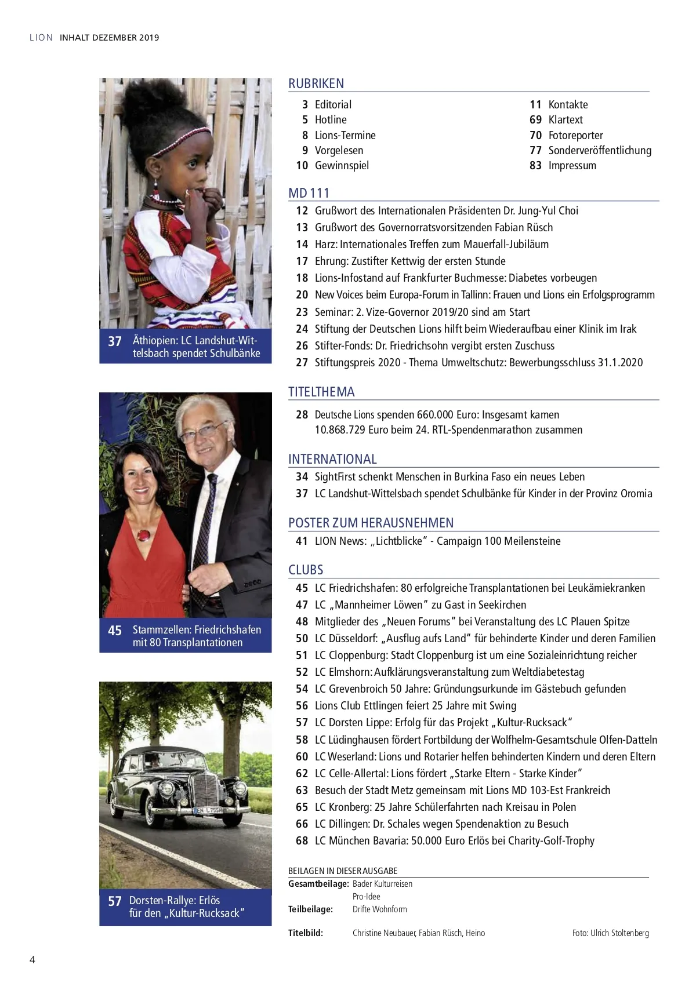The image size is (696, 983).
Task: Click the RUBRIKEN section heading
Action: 316,83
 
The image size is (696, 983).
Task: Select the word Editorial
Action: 333,105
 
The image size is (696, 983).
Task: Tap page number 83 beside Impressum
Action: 535,166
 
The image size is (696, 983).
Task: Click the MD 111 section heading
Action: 309,193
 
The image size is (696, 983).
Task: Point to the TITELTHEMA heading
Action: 321,392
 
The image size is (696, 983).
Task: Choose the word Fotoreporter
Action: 575,136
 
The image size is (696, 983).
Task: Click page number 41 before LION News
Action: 302,541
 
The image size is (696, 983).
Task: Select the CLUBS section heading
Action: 306,570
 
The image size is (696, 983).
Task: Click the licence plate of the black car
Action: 208,809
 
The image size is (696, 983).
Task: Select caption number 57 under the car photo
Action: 115,901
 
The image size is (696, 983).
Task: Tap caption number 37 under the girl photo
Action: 115,341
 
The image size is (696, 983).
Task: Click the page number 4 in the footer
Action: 32,959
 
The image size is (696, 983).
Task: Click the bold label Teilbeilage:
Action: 310,909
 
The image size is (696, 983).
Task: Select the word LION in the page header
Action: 41,38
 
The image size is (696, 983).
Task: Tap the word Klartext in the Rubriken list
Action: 565,120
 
